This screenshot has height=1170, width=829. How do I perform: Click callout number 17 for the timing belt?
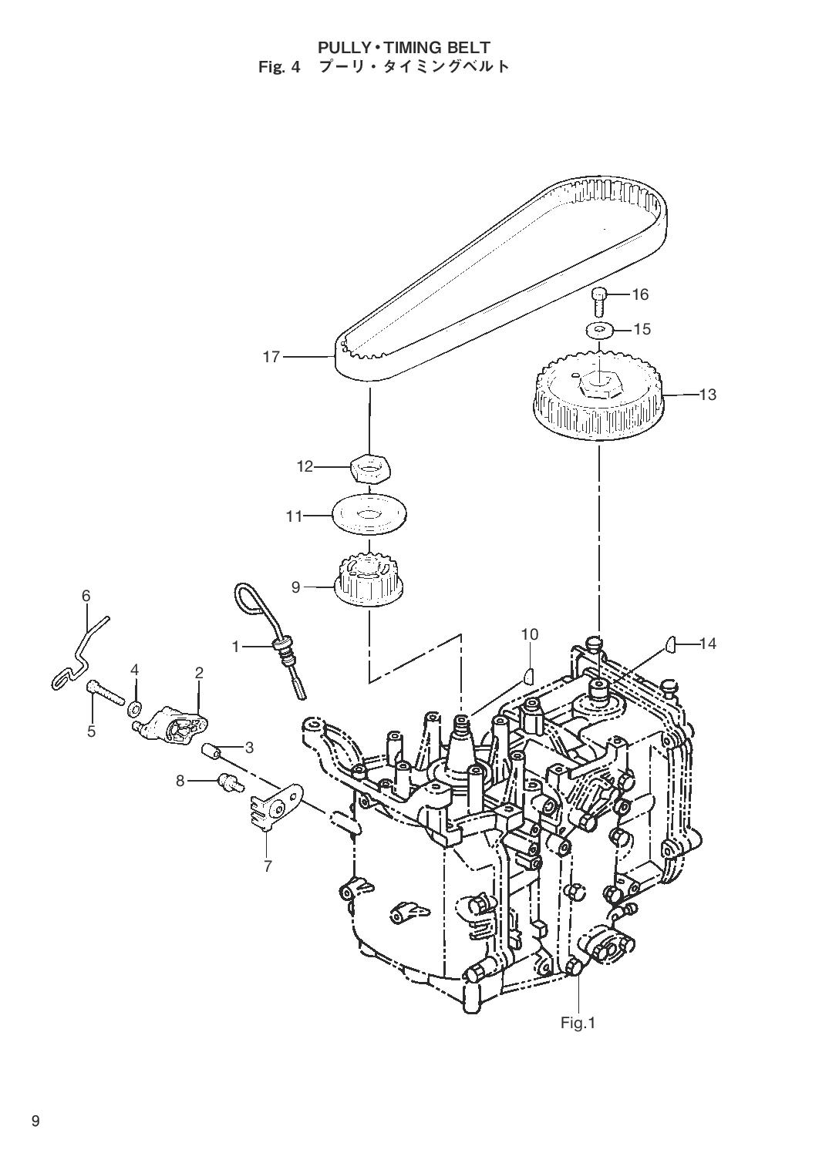click(271, 357)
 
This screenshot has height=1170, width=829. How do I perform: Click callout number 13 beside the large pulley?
click(708, 395)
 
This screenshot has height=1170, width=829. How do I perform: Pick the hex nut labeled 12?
click(370, 466)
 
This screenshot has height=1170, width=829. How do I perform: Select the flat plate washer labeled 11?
click(369, 515)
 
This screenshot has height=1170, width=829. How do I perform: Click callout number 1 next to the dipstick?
click(235, 647)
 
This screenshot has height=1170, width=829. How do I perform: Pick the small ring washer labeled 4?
click(135, 708)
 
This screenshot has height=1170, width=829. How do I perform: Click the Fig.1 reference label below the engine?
click(578, 1037)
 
